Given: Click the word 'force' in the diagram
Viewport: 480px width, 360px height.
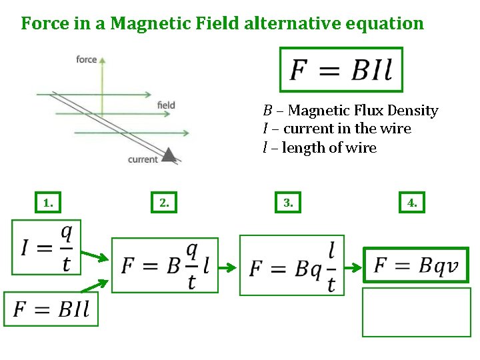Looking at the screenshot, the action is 87,59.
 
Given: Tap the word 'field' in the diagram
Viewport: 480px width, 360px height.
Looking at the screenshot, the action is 166,105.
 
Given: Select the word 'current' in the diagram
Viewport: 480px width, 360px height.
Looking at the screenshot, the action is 143,159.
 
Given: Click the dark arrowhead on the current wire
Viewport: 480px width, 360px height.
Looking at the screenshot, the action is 170,155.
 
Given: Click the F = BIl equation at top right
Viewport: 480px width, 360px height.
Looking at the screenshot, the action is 341,69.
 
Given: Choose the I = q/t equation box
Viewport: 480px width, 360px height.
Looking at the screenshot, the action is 46,247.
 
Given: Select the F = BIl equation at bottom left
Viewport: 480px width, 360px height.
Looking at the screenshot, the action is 51,309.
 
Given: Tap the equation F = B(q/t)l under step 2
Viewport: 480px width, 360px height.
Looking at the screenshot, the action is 165,265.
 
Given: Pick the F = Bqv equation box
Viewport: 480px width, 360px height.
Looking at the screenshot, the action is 416,265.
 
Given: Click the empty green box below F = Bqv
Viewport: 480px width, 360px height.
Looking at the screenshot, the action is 416,312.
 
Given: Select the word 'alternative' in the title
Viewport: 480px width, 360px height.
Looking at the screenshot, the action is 289,24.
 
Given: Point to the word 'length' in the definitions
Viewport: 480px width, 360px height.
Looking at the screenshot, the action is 301,148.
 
